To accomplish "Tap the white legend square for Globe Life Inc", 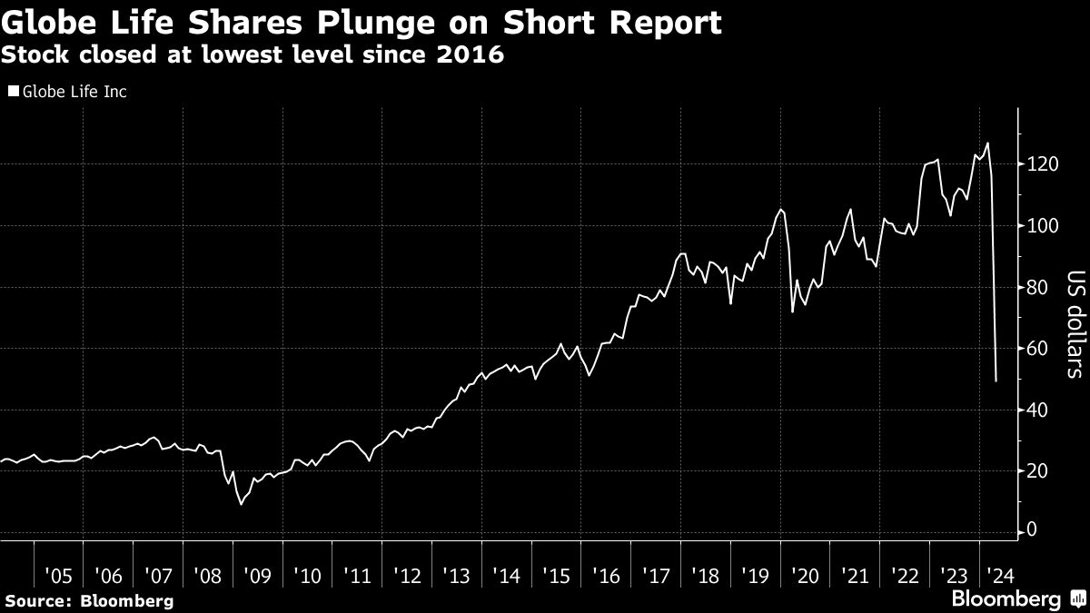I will point(13,92).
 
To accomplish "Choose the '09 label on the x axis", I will point(258,575).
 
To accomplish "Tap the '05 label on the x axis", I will point(59,575).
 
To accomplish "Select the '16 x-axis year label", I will point(606,575).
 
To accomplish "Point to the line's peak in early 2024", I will point(987,143).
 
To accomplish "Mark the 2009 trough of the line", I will point(241,504).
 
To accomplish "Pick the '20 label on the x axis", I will point(804,575).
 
